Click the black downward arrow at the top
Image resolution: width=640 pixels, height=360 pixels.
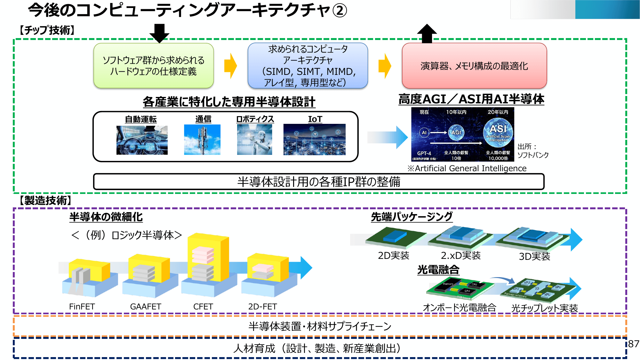point(159,33)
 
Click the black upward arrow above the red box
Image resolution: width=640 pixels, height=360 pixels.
point(427,34)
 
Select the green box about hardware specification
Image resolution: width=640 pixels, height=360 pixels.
point(154,66)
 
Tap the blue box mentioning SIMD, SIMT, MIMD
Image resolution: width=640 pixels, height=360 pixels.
point(308,66)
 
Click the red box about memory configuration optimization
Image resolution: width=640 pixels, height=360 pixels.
point(474,66)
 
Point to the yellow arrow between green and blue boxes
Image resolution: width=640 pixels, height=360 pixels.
point(230,66)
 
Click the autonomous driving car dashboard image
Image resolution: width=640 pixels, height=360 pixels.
point(142,140)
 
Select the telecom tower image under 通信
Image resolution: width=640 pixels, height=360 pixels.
point(202,140)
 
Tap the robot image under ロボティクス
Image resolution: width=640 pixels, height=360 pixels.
point(254,140)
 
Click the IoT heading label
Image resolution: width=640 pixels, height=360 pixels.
point(315,119)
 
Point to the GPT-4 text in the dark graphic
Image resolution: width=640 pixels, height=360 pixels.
point(424,153)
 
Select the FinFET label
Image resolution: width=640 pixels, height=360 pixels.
point(82,307)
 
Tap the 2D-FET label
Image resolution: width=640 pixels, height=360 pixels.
point(262,307)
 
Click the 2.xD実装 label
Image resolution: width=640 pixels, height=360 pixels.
point(461,255)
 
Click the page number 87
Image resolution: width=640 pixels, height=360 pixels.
point(633,344)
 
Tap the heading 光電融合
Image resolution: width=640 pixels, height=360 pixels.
point(438,270)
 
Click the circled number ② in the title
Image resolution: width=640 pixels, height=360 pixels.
point(340,11)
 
